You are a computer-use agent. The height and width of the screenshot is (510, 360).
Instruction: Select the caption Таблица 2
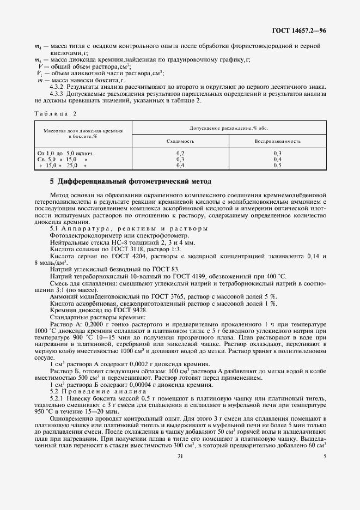[x=55, y=113]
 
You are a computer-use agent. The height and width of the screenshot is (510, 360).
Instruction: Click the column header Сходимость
[x=180, y=141]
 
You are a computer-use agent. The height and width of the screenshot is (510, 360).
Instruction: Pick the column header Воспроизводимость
[x=278, y=141]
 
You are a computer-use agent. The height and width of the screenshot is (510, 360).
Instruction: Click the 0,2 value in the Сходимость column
[x=180, y=154]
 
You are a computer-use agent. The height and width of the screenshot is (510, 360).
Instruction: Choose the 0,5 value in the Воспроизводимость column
[x=278, y=165]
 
